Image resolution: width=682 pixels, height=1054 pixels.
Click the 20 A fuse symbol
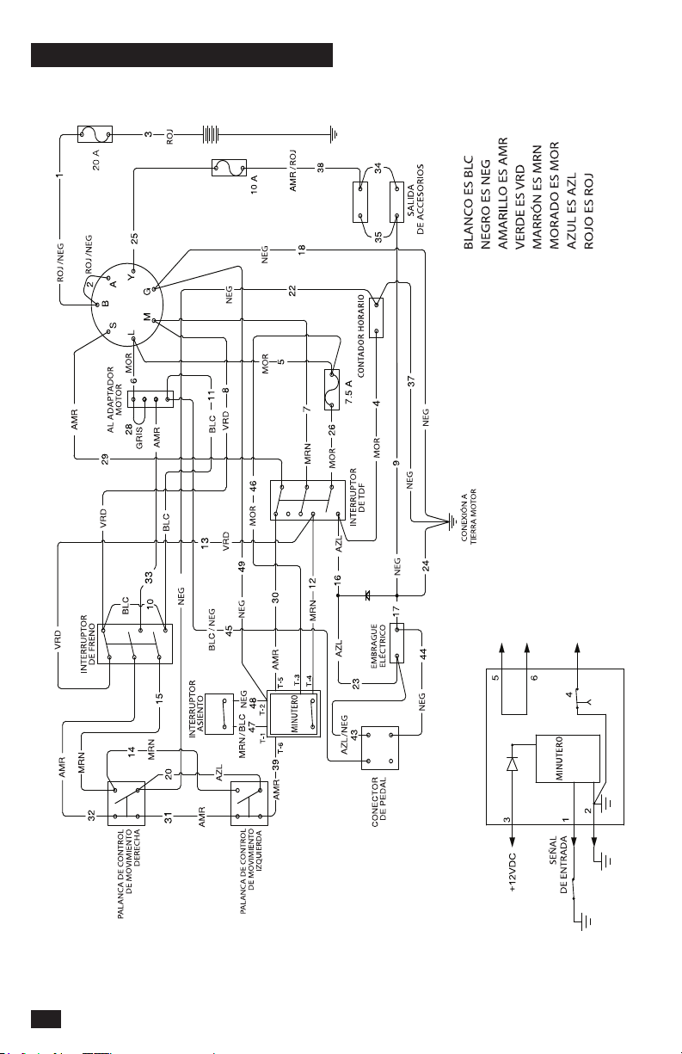pos(95,134)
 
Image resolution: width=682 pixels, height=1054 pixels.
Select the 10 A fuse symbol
pos(229,168)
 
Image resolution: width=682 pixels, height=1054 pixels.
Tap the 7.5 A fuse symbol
pos(332,390)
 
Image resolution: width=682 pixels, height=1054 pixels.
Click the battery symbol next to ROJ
pos(212,134)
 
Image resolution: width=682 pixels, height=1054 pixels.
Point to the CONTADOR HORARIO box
pos(376,317)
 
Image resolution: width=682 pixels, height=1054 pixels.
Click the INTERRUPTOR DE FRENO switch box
pos(134,644)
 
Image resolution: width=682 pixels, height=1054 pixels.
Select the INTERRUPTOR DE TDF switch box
pos(308,500)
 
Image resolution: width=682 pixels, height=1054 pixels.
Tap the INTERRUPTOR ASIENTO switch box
pos(219,714)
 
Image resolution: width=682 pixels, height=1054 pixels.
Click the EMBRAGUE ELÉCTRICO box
pos(396,642)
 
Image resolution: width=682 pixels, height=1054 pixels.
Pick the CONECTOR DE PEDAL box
pos(379,748)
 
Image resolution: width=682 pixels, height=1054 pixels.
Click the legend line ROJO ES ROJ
pos(589,211)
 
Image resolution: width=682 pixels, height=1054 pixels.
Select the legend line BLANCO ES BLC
pos(469,202)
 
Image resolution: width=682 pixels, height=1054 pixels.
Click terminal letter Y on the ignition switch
pos(132,277)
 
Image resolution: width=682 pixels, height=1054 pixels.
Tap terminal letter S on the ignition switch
pos(113,325)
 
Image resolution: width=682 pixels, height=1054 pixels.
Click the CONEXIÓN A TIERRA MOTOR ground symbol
pos(452,521)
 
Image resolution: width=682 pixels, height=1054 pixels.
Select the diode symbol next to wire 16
pos(367,595)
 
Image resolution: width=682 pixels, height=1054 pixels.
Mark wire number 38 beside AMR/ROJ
pos(320,167)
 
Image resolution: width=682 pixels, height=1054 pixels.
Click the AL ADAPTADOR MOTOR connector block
pos(150,399)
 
